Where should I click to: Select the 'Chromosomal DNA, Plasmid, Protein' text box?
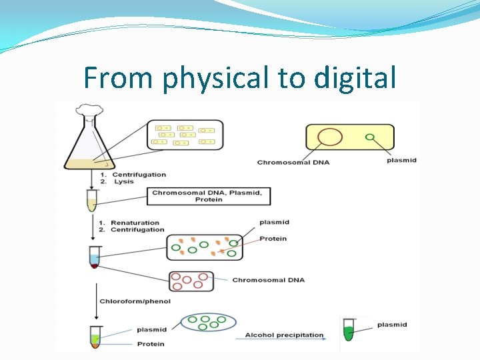coord(211,196)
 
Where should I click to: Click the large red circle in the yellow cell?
coord(329,137)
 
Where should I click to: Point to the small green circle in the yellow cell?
coord(369,137)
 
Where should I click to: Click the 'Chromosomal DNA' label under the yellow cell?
coord(293,162)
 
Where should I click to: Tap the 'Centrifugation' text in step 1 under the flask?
coord(139,175)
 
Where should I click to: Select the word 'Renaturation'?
coord(135,223)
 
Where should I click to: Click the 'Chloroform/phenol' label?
coord(135,301)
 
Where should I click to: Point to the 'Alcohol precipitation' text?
coord(284,335)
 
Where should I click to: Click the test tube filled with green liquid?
coord(347,330)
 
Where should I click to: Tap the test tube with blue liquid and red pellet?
coord(94,257)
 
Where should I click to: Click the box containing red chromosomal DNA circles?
coord(191,281)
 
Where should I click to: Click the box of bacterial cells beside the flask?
coord(185,135)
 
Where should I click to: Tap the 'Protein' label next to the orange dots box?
coord(273,239)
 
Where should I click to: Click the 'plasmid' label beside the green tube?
coord(392,325)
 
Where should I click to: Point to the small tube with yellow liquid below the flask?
coord(91,200)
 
